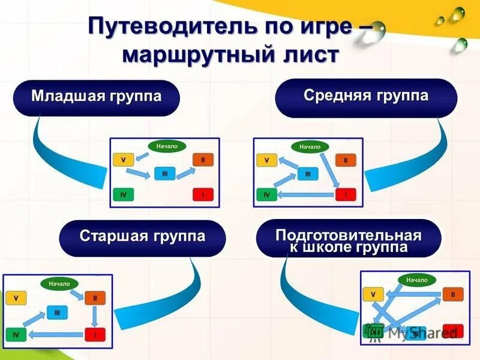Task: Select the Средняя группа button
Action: [x=365, y=96]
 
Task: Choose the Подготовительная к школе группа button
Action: [x=348, y=240]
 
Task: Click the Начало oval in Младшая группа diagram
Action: [x=167, y=146]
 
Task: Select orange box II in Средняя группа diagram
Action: [x=345, y=160]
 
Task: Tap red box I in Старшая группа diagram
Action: [x=94, y=334]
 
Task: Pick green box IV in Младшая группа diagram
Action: [x=123, y=194]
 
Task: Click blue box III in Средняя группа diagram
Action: [x=308, y=174]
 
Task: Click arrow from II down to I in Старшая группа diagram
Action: [x=95, y=316]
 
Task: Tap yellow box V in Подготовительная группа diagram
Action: [x=373, y=294]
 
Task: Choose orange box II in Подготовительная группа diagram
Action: [x=453, y=294]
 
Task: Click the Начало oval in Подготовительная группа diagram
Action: [x=416, y=280]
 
